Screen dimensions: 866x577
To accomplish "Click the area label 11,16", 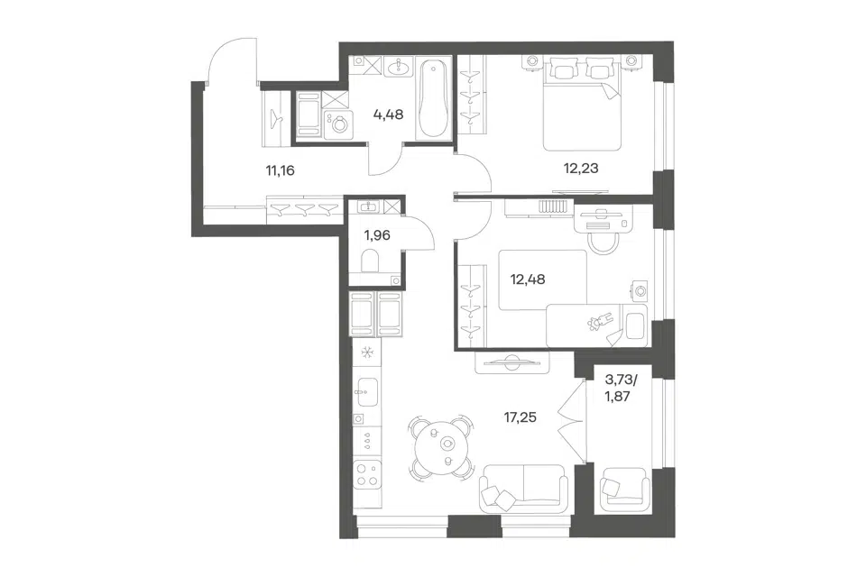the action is (280, 170).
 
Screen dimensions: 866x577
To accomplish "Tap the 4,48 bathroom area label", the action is (388, 114).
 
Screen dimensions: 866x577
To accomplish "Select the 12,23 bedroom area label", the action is (581, 168).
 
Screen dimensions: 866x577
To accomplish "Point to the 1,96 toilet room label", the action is (377, 235).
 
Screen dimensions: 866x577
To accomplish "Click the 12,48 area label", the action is (528, 279).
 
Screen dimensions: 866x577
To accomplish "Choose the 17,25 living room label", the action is (520, 417).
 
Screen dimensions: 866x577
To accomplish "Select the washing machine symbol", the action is (336, 124).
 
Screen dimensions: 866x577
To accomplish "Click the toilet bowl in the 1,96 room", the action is (370, 261).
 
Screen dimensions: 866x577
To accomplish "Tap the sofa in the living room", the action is (523, 485).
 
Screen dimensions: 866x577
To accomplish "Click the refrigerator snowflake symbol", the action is (366, 352).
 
